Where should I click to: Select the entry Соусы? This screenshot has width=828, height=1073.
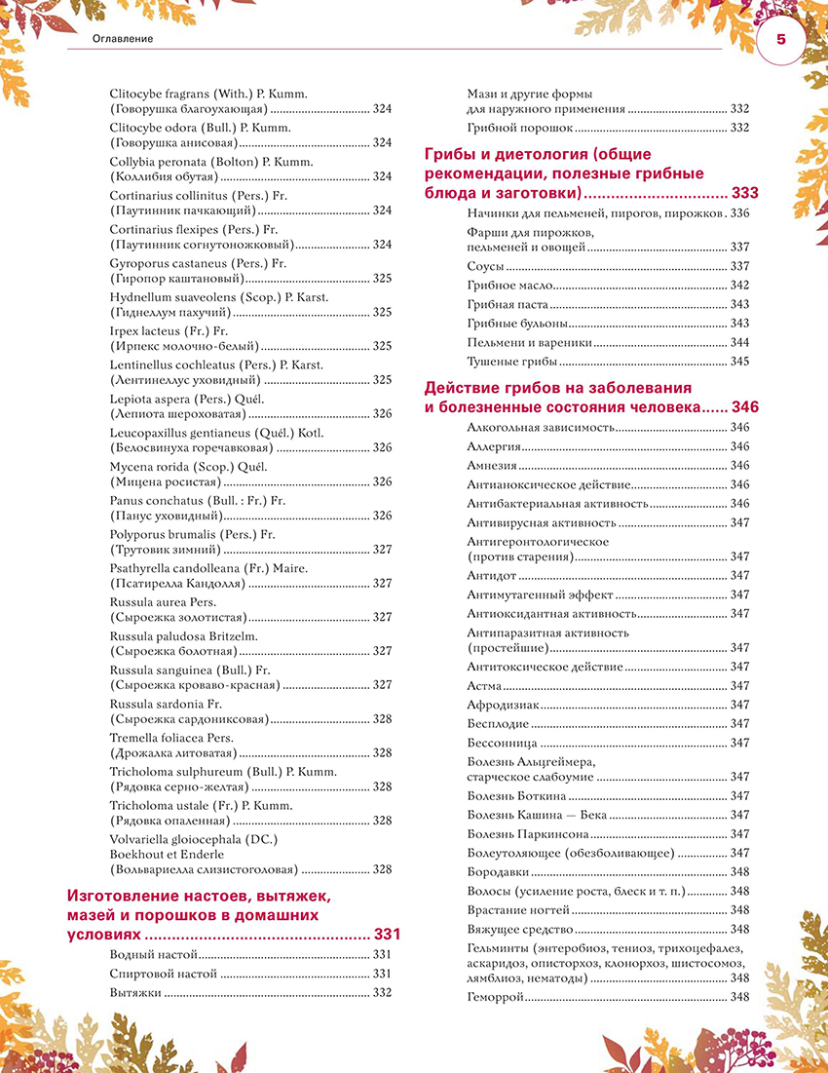485,266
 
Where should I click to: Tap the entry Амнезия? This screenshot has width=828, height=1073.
491,466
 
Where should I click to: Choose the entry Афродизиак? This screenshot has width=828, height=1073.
498,705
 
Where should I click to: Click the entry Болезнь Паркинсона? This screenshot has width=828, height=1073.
527,834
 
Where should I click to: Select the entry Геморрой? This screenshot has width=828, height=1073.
496,997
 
